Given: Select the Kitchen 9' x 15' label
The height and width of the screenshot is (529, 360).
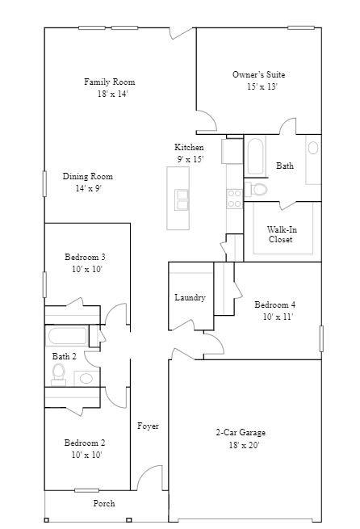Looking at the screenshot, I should coord(189,153).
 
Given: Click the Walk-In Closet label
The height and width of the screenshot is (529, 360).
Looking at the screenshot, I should coord(280,234).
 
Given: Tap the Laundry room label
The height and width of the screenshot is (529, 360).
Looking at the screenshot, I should coord(190,298).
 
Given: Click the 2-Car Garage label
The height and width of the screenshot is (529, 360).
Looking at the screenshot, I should coord(240,433).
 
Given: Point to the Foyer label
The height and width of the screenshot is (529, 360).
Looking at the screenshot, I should coord(148,426).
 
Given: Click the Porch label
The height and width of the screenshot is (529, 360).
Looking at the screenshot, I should coord(104,503).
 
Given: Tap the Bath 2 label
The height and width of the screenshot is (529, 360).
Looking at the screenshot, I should coord(65,356).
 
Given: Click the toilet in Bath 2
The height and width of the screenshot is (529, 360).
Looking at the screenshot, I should coord(59,372).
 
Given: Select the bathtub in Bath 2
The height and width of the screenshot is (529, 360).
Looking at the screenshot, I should coord(72,336).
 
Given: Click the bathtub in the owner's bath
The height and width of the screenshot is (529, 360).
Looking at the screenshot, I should coord(254,157).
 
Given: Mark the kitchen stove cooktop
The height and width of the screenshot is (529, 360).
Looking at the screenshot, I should coord(234,193).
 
